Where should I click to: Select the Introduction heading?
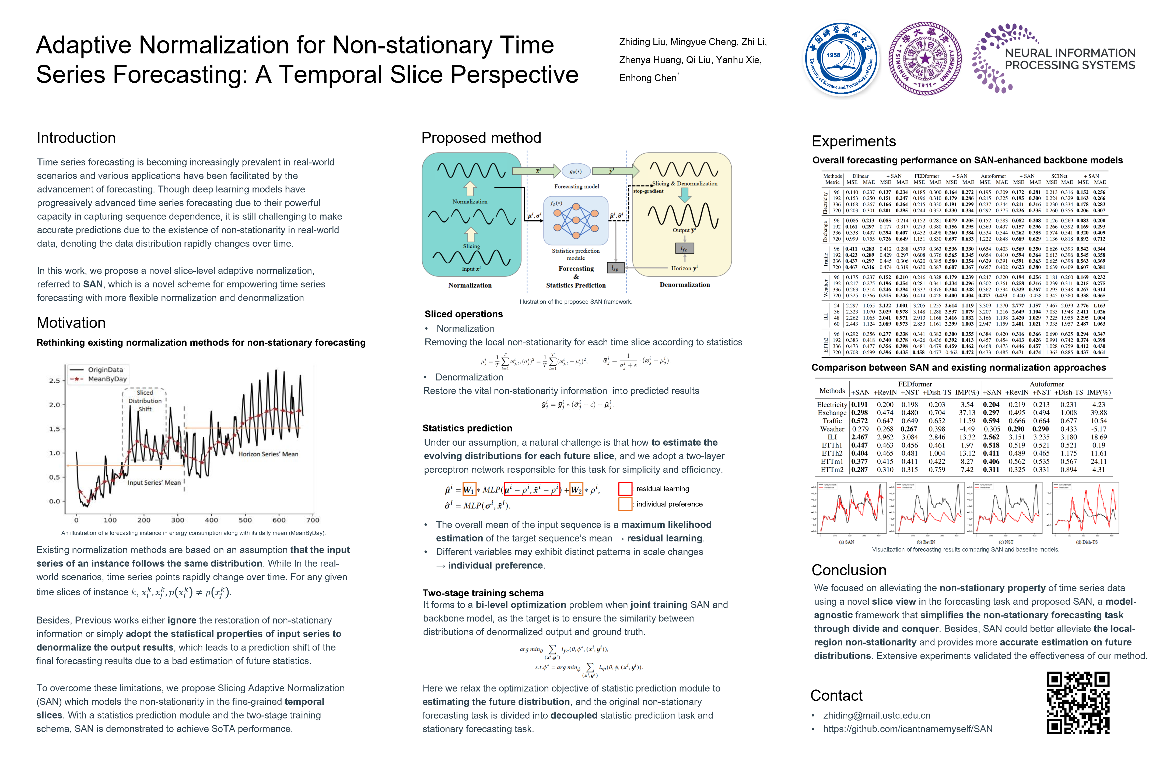click(x=76, y=138)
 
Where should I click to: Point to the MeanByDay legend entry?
click(x=107, y=379)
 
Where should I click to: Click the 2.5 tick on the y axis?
click(x=54, y=381)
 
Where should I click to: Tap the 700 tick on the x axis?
click(x=313, y=520)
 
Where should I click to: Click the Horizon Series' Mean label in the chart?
click(x=268, y=454)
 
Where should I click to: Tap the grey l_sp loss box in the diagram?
click(x=615, y=268)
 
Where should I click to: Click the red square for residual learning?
click(x=625, y=489)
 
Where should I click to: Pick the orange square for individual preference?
click(x=625, y=504)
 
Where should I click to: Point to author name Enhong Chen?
click(x=648, y=78)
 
